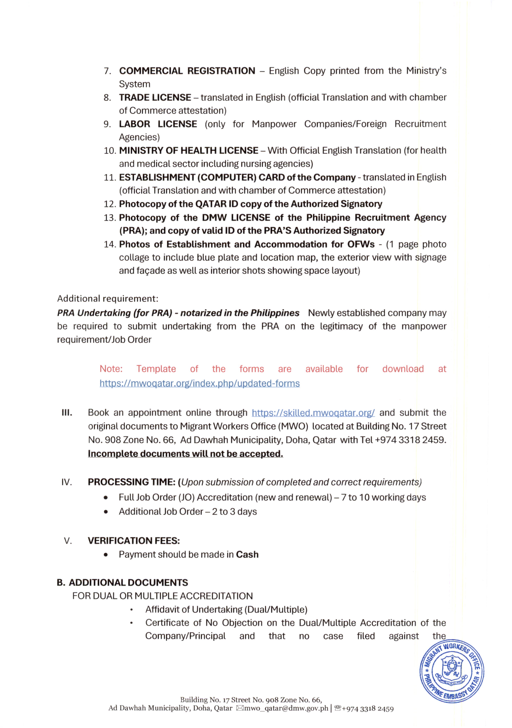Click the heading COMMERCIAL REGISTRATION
coord(187,71)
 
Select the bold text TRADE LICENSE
coord(155,97)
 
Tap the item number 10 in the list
coord(110,151)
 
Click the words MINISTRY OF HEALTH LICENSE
coord(189,150)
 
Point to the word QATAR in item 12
coord(211,204)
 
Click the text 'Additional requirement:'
coord(108,299)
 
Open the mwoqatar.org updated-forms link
coord(199,383)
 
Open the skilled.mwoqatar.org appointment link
coord(313,413)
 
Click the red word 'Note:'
coord(111,369)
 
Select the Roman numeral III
coord(67,413)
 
